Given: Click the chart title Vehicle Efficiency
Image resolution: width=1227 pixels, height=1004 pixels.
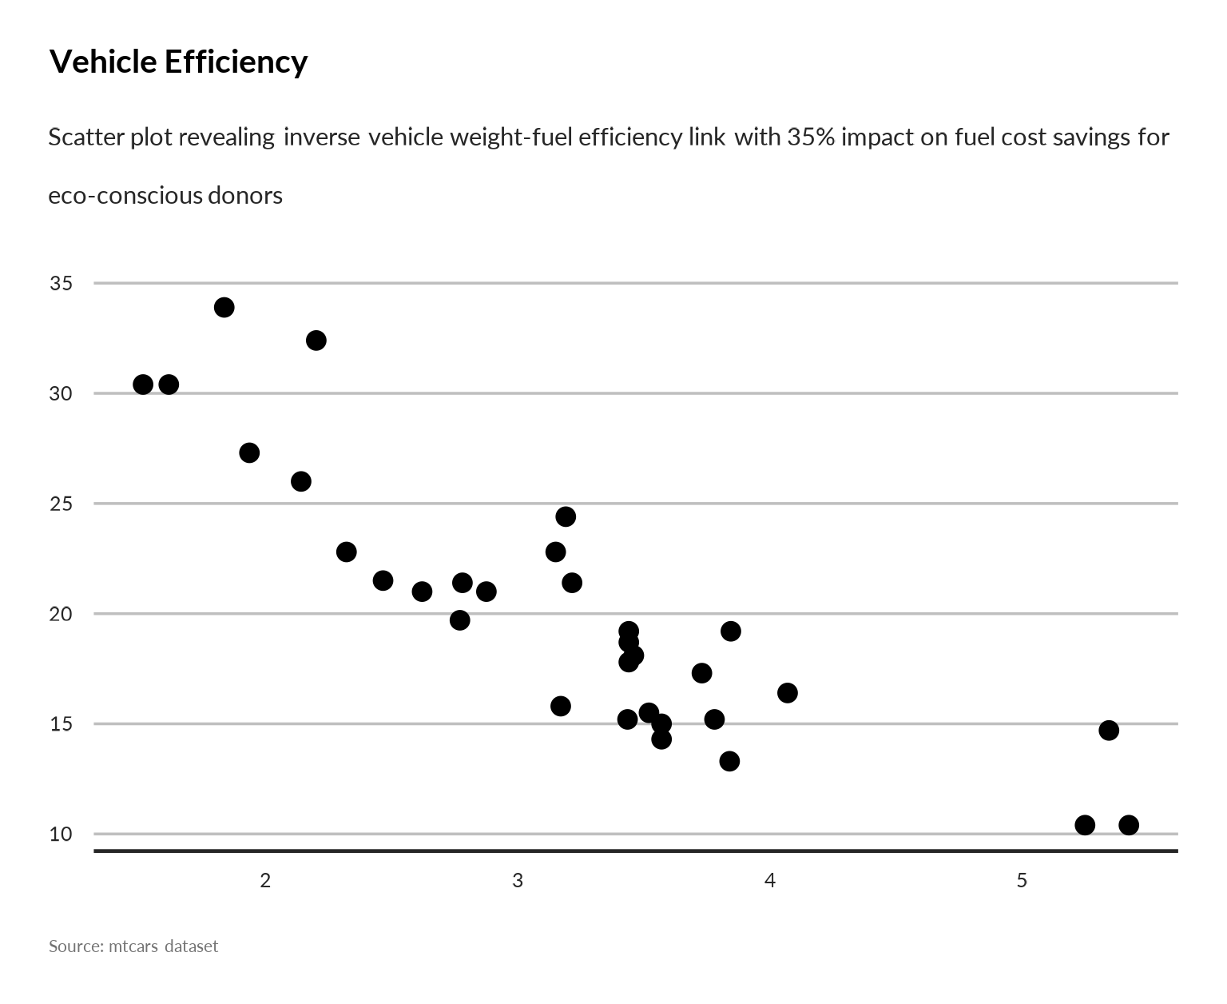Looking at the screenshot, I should (178, 62).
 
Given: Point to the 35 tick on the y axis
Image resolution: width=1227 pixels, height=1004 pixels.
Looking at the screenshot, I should (61, 284).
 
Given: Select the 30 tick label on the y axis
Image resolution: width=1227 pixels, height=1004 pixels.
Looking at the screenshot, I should (61, 394).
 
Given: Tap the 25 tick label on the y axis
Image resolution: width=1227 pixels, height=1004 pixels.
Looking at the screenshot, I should (61, 504).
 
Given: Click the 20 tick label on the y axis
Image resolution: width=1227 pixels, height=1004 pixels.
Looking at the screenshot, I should (61, 614).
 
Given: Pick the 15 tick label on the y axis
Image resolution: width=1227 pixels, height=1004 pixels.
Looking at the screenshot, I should (61, 724).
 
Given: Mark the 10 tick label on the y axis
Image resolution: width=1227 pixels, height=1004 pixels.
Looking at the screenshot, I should (61, 835).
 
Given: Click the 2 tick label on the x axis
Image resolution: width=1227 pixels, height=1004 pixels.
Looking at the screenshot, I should (266, 881).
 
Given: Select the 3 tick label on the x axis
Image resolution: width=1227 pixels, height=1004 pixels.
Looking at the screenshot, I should (518, 881).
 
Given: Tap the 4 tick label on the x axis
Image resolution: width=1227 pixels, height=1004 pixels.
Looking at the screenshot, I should (770, 881).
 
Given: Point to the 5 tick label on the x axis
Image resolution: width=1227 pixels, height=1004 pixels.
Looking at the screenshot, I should (1022, 881).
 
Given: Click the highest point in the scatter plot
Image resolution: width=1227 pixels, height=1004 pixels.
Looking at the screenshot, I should (224, 307).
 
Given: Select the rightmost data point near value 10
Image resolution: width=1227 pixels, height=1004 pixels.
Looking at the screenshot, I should (1129, 825).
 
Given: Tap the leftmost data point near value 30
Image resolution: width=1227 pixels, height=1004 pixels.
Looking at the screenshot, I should (143, 384).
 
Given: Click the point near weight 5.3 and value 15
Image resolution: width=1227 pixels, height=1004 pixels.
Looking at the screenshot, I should (1109, 730).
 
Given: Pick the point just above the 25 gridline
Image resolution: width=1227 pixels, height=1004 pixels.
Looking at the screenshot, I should (566, 516).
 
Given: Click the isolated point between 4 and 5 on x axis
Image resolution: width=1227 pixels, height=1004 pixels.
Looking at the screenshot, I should (788, 692).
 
